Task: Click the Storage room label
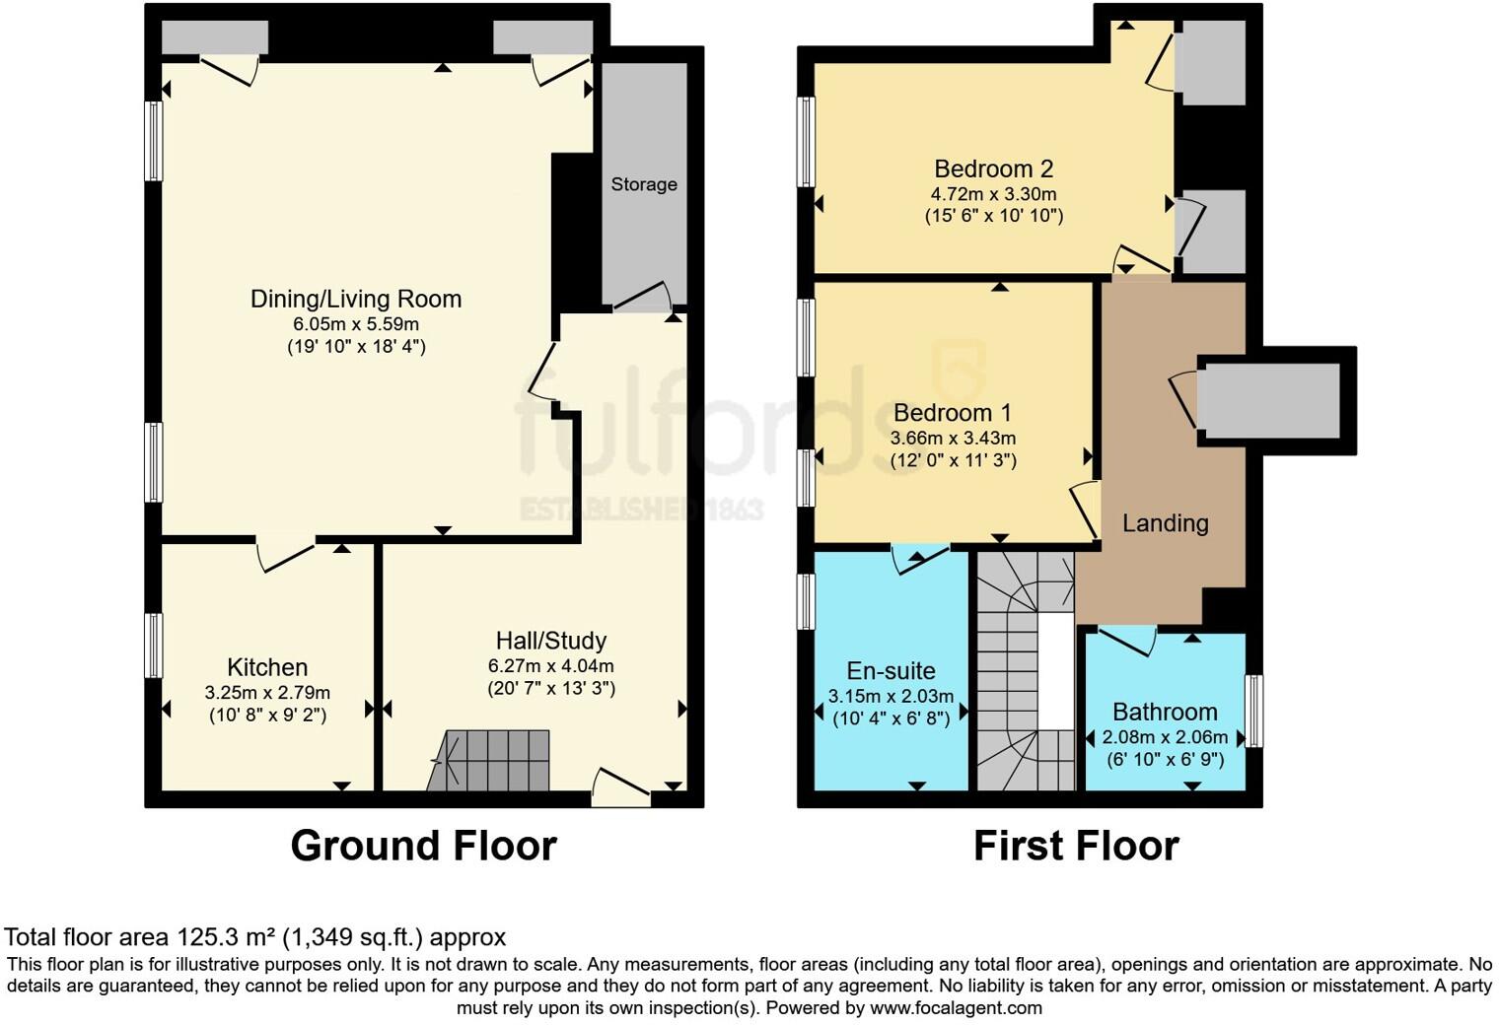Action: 644,184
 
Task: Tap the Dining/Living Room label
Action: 356,299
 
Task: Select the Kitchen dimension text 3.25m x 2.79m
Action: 267,693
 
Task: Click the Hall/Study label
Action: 550,641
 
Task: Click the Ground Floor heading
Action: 423,847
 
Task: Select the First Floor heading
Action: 1076,847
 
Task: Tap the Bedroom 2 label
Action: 993,169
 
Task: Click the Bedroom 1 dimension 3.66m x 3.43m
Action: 953,439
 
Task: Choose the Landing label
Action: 1165,523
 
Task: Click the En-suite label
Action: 891,671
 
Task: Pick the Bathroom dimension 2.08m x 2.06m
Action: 1165,737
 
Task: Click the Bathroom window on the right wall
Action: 1253,711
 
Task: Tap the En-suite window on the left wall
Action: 807,601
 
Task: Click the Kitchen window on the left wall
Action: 153,646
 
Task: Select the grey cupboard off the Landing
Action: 1267,400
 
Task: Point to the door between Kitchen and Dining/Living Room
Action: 286,553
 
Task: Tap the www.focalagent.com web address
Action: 955,1008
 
